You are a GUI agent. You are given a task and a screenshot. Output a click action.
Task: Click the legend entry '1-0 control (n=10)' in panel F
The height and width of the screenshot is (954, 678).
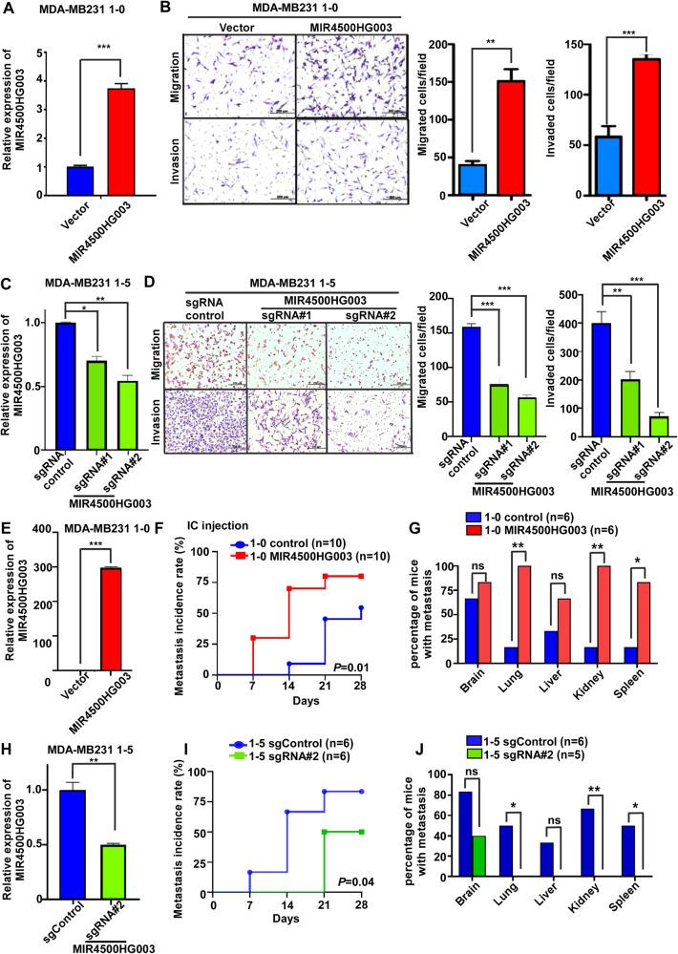point(307,513)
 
